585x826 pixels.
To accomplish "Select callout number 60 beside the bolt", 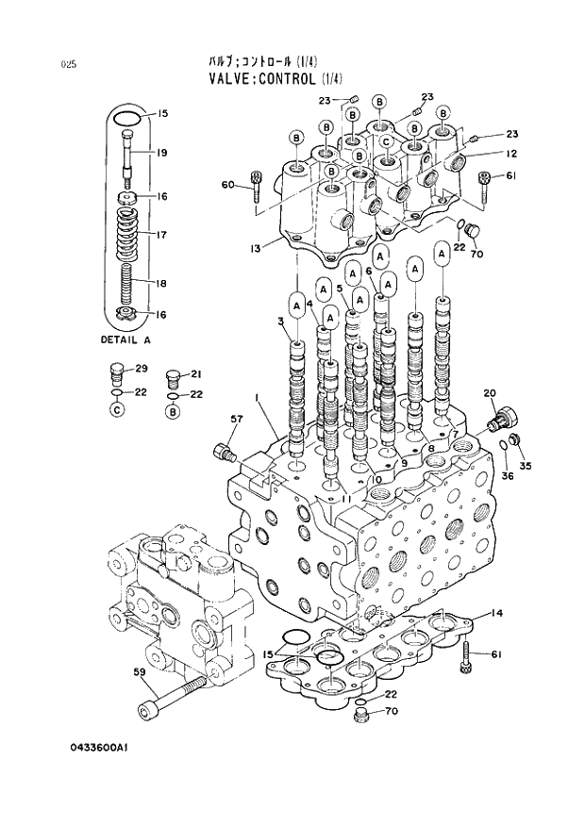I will pyautogui.click(x=227, y=184).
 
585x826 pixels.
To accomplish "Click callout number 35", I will pyautogui.click(x=526, y=466).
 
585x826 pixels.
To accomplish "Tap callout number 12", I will pyautogui.click(x=510, y=154).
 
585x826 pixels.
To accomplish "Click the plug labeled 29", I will pyautogui.click(x=116, y=371).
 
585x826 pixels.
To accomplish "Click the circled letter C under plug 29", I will pyautogui.click(x=115, y=411).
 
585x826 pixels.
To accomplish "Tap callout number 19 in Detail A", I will pyautogui.click(x=162, y=153).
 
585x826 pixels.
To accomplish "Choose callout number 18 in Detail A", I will pyautogui.click(x=161, y=283).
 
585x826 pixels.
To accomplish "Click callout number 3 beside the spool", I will pyautogui.click(x=280, y=322).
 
